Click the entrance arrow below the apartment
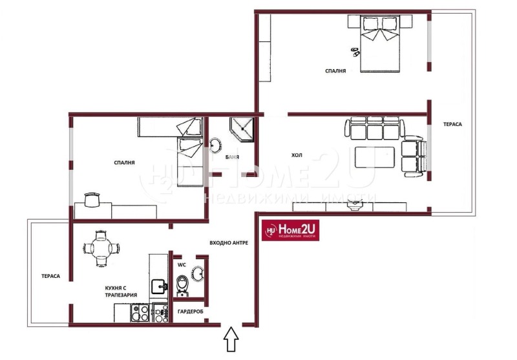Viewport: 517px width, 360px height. pos(231,340)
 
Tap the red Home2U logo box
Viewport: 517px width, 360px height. pos(290,229)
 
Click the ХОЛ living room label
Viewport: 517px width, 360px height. pos(297,155)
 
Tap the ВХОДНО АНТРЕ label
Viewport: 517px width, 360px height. pos(229,244)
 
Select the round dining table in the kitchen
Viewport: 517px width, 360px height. pos(101,248)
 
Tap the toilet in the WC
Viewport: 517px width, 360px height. pos(183,284)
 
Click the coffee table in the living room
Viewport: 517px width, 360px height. pos(374,157)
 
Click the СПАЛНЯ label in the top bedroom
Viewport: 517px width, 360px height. pos(336,71)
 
